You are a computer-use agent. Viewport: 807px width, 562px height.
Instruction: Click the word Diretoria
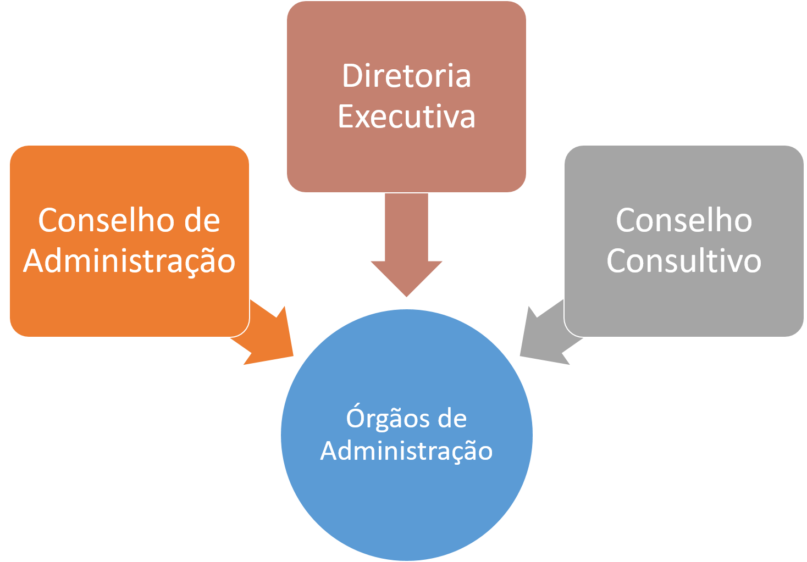tap(406, 76)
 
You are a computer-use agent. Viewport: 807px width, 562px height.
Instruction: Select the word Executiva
tap(406, 116)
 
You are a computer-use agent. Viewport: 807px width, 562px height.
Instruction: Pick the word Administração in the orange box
tap(129, 261)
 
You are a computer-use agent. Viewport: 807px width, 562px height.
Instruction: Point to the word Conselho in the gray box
tap(684, 220)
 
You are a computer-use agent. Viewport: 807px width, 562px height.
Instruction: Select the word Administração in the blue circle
tap(406, 451)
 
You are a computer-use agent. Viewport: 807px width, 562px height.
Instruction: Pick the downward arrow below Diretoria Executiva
tap(406, 247)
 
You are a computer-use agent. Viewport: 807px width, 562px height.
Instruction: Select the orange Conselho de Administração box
tap(129, 308)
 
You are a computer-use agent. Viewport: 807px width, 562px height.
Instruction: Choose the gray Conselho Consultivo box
tap(684, 308)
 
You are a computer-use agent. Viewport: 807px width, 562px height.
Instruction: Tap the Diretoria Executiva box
tap(406, 159)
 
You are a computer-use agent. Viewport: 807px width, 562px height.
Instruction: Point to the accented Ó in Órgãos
tap(356, 418)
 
